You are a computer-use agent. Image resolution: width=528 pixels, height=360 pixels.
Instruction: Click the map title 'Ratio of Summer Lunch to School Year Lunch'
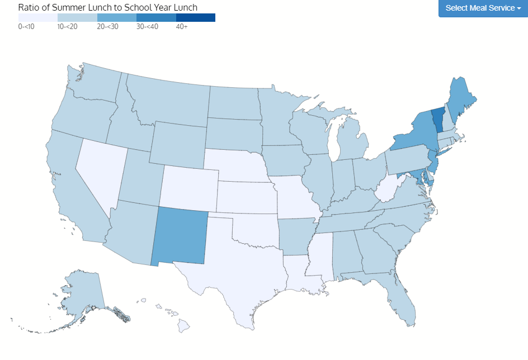coord(108,7)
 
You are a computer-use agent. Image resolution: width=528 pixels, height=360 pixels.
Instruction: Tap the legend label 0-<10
coord(26,26)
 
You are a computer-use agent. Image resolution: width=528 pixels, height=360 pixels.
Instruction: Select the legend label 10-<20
coord(67,26)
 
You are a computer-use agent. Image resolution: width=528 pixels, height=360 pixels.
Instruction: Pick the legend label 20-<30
coord(107,26)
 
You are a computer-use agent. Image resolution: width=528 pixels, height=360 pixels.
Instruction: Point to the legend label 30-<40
coord(147,26)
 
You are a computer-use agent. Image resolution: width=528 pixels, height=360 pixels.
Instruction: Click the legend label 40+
coord(182,26)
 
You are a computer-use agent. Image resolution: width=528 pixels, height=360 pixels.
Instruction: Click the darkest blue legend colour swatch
coord(195,17)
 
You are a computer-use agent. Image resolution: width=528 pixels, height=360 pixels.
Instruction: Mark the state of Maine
coord(461,98)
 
